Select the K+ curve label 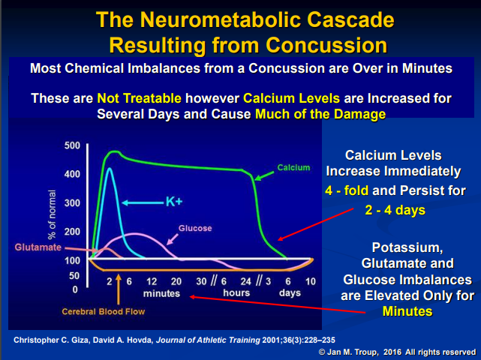pos(174,202)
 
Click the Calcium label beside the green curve pos(293,166)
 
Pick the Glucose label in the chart pos(195,227)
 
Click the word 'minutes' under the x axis pos(163,293)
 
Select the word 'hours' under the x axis pos(236,293)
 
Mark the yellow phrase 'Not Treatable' pos(134,97)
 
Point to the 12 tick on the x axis pos(152,280)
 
